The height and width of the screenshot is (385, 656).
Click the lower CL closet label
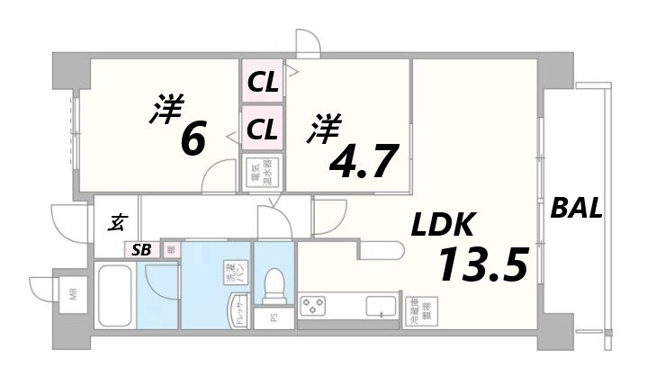tap(263, 129)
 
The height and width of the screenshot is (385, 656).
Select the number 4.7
tap(364, 161)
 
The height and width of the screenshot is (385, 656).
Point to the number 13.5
tap(482, 264)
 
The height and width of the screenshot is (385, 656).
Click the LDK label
tap(449, 225)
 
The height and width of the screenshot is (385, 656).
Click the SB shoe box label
tap(142, 249)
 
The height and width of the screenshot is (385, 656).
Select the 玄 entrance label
tap(117, 220)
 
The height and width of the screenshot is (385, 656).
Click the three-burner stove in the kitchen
tap(318, 306)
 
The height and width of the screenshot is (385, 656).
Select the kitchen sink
tap(380, 307)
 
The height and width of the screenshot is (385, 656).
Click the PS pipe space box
tap(273, 318)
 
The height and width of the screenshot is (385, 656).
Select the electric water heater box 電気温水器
tap(263, 172)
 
